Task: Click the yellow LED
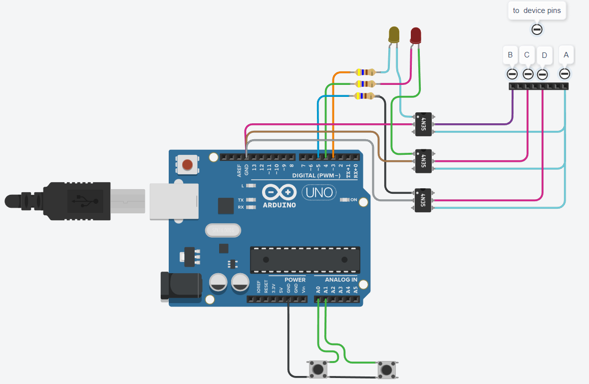click(394, 34)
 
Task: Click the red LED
click(415, 35)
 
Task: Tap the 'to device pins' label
click(537, 10)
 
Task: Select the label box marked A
click(566, 55)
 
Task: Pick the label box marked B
click(510, 55)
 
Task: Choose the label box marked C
click(527, 55)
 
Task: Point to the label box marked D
click(544, 55)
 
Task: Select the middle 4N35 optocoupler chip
click(423, 161)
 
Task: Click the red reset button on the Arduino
click(188, 164)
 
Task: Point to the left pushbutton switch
click(317, 370)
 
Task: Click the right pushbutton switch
click(386, 370)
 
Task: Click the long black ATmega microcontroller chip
click(304, 259)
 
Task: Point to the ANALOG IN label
click(341, 280)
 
